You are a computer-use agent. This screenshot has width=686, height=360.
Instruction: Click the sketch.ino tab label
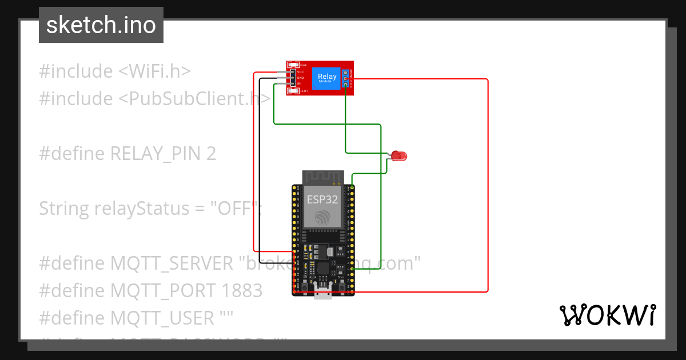coord(101,25)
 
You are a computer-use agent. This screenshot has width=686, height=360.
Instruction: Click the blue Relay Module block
coord(327,78)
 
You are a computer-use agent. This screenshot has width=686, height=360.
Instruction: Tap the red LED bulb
coord(400,155)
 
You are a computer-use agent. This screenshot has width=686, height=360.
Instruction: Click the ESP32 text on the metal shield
coord(322,199)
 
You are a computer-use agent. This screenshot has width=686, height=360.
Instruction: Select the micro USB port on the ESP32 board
coord(322,294)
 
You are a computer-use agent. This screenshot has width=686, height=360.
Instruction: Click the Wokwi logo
coord(607,315)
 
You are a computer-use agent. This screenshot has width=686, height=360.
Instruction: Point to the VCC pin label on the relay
coord(299,72)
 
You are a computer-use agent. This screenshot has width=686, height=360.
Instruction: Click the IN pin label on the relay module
coord(298,83)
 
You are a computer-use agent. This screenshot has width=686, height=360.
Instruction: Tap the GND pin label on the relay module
coord(300,78)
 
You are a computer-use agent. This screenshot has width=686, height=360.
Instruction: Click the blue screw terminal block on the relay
coord(346,78)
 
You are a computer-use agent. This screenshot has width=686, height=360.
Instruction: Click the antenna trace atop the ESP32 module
coord(322,177)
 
